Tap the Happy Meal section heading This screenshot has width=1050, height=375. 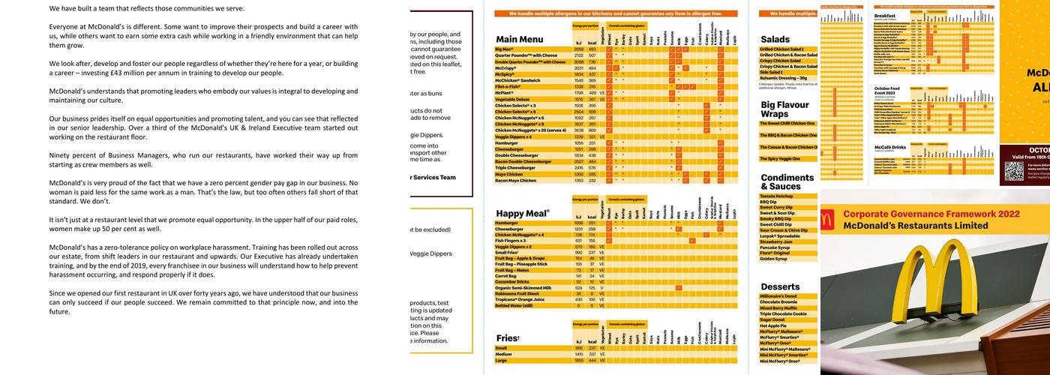coord(523,214)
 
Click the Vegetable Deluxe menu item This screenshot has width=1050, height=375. coord(512,99)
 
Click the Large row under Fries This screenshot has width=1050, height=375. coord(502,361)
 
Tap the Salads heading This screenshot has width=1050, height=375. coord(775,39)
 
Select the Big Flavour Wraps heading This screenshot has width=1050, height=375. coord(784,109)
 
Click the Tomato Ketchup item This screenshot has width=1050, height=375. coord(776,196)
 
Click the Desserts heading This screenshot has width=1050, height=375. coord(779,286)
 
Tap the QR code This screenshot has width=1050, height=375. coord(1013,171)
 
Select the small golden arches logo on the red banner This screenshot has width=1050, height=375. coord(829,219)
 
